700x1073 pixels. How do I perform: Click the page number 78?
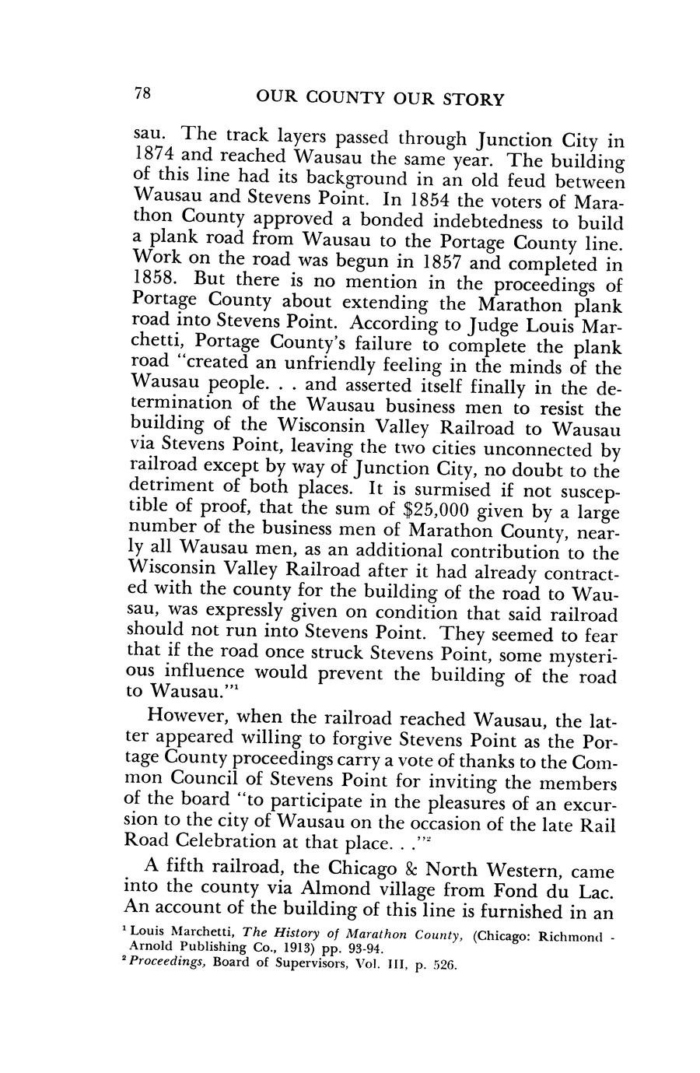click(x=142, y=94)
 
